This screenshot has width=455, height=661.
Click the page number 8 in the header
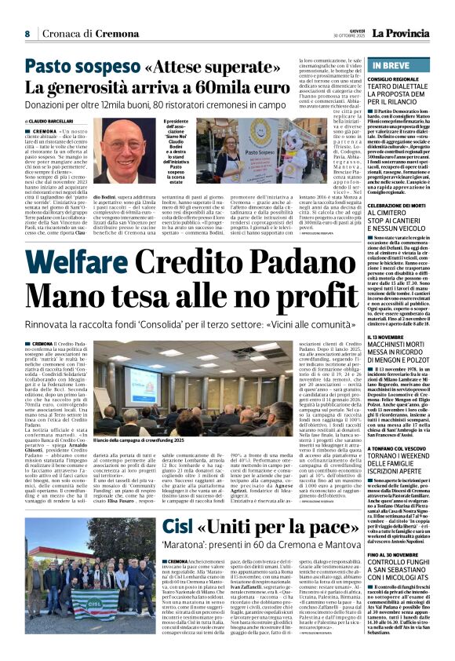click(x=27, y=34)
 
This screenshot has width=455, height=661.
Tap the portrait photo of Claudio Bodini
click(x=128, y=155)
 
